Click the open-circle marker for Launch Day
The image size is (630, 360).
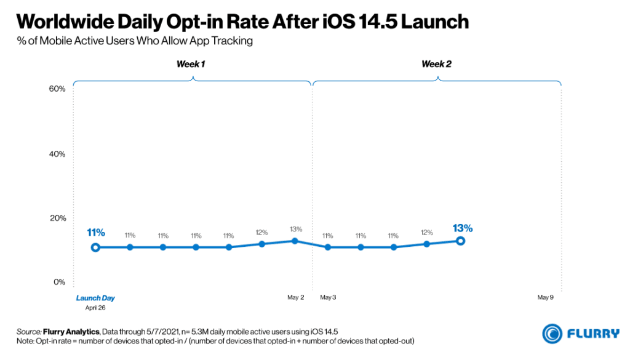tap(95, 247)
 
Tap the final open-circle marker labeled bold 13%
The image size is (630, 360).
tap(460, 241)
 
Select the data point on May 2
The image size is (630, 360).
tap(295, 241)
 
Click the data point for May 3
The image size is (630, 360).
tap(328, 247)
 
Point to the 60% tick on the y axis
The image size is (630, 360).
tap(57, 89)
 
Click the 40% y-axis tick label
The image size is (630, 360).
tap(57, 154)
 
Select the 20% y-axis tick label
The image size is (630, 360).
tap(57, 218)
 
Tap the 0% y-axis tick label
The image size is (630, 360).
tap(58, 282)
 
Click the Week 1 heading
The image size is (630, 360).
tap(191, 64)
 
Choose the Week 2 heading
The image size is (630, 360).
tap(436, 64)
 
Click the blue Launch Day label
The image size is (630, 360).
tap(95, 298)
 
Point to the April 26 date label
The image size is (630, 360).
tap(95, 307)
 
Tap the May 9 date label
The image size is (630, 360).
tap(546, 298)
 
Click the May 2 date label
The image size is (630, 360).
tap(296, 298)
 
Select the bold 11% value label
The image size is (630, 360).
tap(96, 233)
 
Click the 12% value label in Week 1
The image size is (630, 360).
tap(261, 233)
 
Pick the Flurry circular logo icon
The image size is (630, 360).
tap(552, 333)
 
